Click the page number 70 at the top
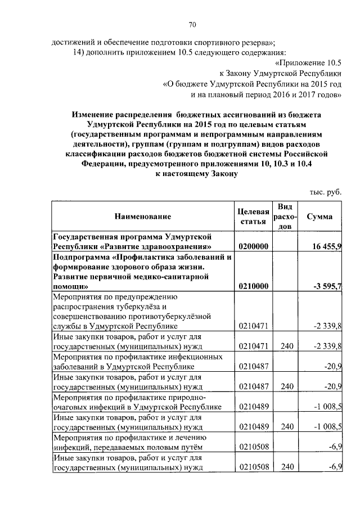click(192, 24)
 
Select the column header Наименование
click(143, 217)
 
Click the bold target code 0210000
click(254, 286)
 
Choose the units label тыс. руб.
click(325, 192)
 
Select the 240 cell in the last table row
click(287, 467)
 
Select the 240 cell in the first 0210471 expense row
click(287, 346)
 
